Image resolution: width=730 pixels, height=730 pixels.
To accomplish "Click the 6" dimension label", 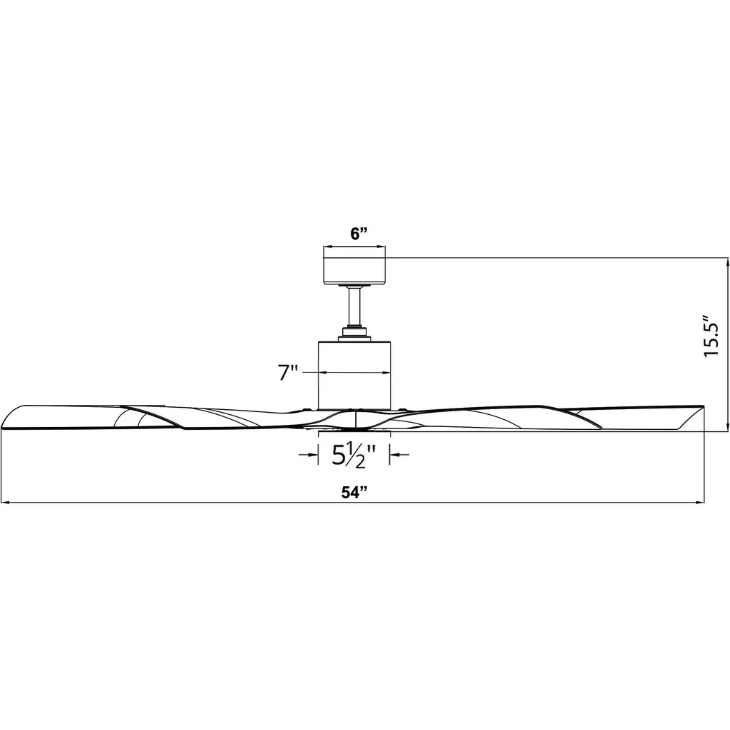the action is point(359,234).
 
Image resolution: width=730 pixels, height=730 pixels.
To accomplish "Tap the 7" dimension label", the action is point(288,373).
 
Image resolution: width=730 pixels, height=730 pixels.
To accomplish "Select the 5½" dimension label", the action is point(354,455).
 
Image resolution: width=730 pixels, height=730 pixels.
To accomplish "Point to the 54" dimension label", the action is point(355,492).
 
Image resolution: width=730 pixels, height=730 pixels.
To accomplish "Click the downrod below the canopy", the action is point(355,307).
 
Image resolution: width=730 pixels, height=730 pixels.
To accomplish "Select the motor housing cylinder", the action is point(354,375).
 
